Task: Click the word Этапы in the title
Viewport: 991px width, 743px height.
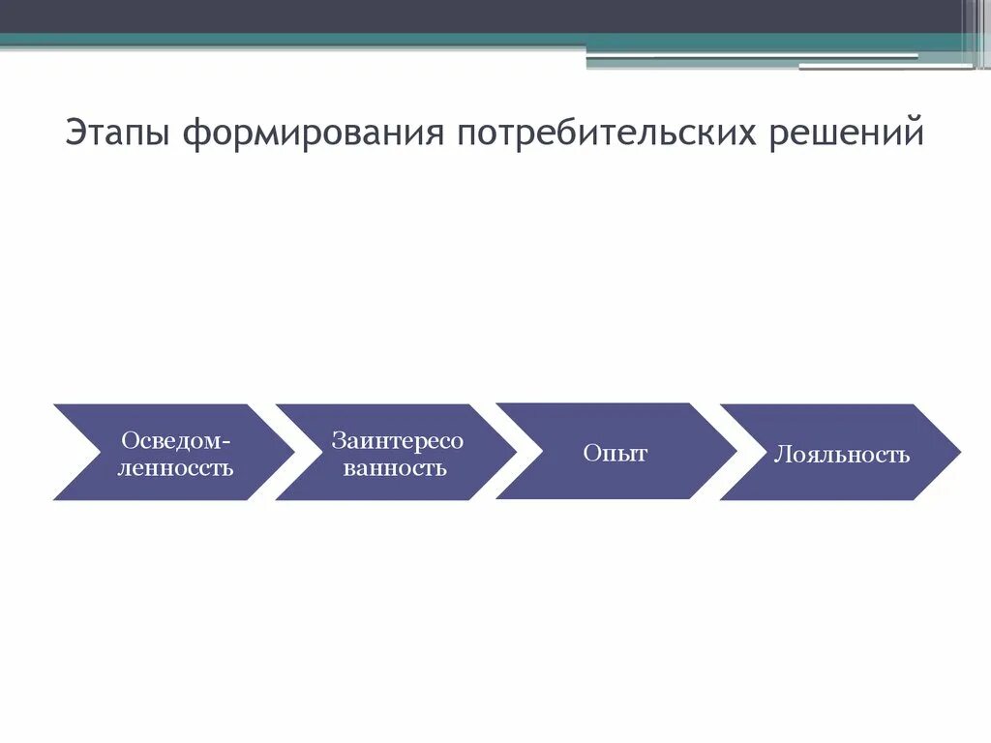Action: pos(119,134)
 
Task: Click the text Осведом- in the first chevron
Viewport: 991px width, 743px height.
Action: pos(176,440)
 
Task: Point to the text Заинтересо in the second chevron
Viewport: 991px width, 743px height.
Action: pos(398,440)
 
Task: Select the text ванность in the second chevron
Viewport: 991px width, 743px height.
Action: pos(395,468)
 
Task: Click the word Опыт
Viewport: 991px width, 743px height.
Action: pos(615,453)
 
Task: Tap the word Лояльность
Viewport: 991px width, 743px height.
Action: pos(841,455)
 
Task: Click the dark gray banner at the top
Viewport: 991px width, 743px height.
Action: pos(484,15)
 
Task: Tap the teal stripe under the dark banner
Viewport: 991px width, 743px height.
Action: pos(290,40)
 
